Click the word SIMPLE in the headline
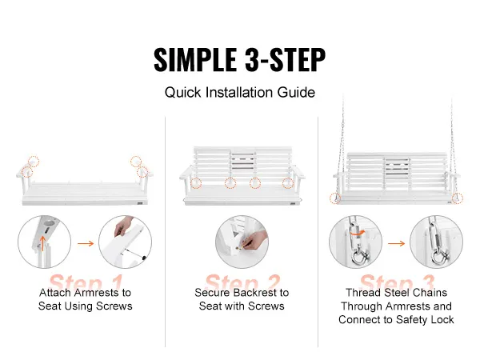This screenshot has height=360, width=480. click(x=195, y=60)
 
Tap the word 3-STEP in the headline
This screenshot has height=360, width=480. click(x=285, y=60)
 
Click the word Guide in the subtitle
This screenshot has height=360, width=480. click(x=296, y=92)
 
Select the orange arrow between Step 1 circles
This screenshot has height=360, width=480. click(x=86, y=243)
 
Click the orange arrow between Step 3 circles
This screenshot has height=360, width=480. click(x=397, y=243)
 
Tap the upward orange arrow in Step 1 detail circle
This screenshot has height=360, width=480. click(x=43, y=243)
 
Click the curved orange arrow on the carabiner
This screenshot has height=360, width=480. click(x=357, y=233)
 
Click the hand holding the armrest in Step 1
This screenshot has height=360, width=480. click(x=123, y=226)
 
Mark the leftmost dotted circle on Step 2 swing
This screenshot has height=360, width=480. click(x=196, y=183)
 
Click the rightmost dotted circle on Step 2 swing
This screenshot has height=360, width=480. click(x=288, y=183)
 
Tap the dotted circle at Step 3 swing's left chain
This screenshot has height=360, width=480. click(x=335, y=198)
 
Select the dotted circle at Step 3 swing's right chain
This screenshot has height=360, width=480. click(x=458, y=198)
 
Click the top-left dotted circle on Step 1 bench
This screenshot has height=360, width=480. click(x=34, y=162)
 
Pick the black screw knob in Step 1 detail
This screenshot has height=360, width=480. click(x=144, y=258)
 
